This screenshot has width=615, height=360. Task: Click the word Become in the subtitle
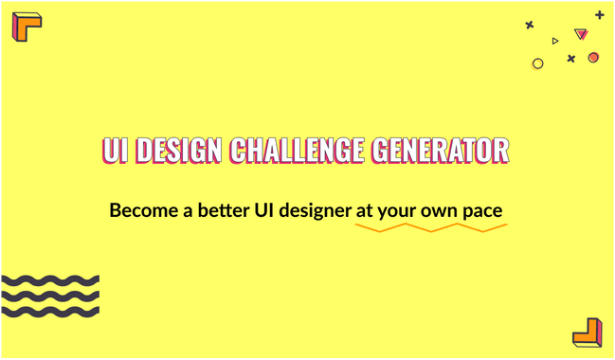tap(140, 209)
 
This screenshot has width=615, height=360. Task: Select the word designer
tap(316, 210)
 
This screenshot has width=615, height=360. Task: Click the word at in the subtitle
tap(364, 209)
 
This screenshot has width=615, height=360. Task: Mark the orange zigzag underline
tap(431, 229)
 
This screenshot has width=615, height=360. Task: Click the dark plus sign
tap(599, 15)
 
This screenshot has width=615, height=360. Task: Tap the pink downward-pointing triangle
tap(581, 35)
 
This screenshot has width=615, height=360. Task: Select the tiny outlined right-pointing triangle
tap(555, 41)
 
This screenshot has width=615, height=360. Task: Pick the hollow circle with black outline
tap(538, 63)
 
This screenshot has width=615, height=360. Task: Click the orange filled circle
tap(593, 58)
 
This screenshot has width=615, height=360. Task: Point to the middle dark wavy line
tap(49, 296)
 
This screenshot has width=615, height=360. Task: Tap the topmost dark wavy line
tap(49, 280)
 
